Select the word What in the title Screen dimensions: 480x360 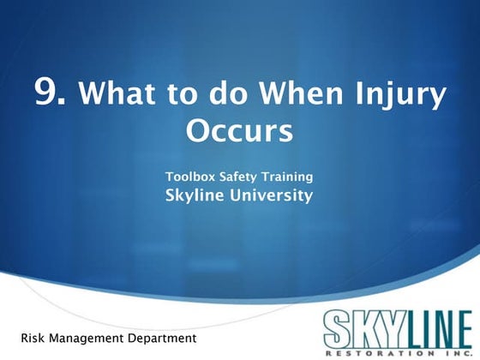(117, 93)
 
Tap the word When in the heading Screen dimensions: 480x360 (301, 93)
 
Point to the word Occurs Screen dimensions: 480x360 (239, 130)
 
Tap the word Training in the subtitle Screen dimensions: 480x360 (287, 177)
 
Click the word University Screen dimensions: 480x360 (271, 196)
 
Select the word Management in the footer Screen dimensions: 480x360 (87, 339)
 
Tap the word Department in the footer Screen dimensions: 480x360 (162, 339)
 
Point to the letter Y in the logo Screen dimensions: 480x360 (393, 329)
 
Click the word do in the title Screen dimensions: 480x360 (227, 93)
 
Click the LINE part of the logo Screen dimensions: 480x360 (438, 329)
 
